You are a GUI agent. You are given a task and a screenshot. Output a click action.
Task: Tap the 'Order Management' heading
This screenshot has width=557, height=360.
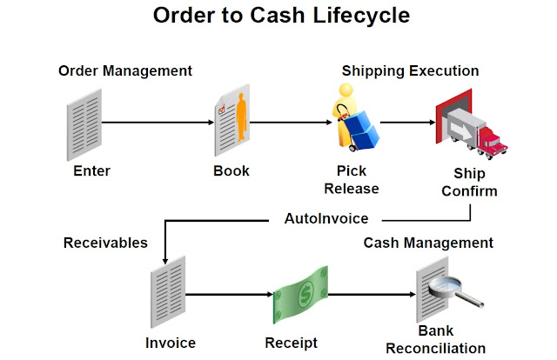click(124, 70)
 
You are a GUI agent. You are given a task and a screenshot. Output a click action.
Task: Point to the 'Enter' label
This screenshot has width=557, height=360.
click(91, 170)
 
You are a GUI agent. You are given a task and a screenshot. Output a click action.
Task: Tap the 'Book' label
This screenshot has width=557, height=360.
click(232, 170)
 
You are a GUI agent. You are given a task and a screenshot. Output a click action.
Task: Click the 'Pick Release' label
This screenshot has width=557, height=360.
click(358, 178)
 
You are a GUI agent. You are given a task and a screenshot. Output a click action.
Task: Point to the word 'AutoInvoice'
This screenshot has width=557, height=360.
click(326, 218)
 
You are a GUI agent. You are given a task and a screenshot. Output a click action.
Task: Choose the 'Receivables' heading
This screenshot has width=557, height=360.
click(105, 243)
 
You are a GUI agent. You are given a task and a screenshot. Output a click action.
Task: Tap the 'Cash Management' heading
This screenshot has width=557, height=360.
click(428, 243)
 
